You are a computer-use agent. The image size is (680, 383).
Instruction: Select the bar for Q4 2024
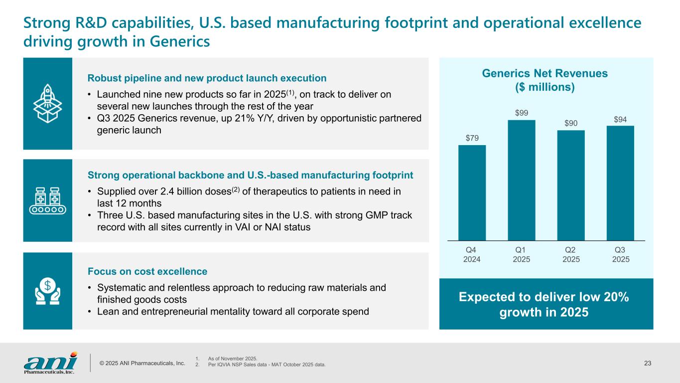(472, 192)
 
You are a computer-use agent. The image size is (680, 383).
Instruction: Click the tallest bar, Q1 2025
(521, 180)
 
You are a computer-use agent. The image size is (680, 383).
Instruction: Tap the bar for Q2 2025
(571, 186)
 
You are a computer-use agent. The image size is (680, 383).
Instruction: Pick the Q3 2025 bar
(620, 183)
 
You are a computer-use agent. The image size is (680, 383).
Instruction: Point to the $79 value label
(472, 138)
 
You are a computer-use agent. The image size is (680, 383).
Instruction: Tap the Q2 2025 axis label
(571, 254)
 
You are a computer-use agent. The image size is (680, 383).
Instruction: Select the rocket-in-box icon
(47, 104)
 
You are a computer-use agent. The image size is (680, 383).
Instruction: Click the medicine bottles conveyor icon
(47, 200)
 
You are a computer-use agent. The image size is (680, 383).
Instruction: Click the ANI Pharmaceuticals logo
(50, 362)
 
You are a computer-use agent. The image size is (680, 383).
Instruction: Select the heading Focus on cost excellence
(147, 272)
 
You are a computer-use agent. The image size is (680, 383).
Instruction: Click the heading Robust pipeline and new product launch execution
(207, 78)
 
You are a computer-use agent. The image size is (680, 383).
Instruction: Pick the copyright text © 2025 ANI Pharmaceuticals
(142, 363)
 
